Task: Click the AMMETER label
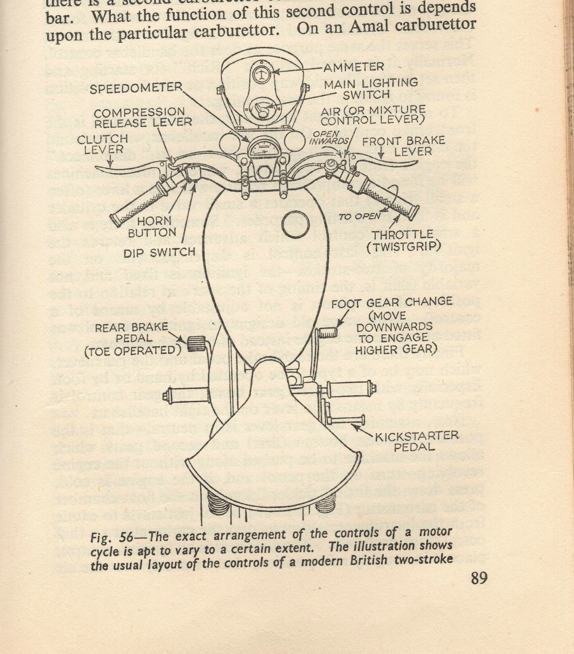[353, 67]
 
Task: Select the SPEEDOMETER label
[136, 88]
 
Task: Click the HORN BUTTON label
[152, 226]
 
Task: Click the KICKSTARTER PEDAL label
[417, 441]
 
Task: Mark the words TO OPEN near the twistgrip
[359, 216]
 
